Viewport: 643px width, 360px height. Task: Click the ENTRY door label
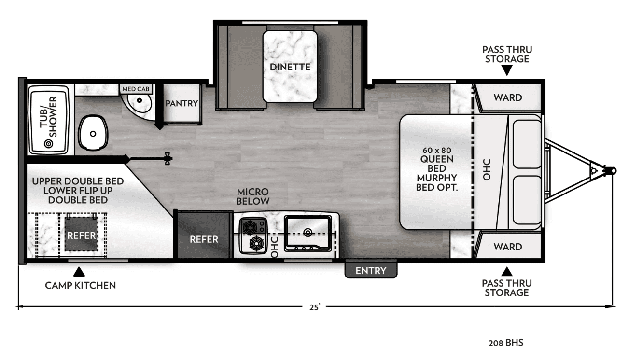pos(371,270)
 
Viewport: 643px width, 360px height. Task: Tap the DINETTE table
pos(290,67)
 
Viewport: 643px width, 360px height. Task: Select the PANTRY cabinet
pos(182,103)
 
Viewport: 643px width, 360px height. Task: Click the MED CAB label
pos(136,89)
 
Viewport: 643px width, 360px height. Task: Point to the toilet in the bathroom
pos(93,133)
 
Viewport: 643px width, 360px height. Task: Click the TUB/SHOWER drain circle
pos(48,143)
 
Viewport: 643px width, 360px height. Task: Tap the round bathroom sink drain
pos(139,100)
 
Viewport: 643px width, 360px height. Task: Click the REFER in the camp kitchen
pos(81,234)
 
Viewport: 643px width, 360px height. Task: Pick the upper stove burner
pos(250,227)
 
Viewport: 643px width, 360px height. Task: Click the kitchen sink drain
pos(308,232)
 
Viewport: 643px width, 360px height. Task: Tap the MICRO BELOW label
pos(253,196)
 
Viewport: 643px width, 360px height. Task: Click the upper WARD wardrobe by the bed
pos(507,97)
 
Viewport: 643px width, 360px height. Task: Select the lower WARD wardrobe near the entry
pos(507,246)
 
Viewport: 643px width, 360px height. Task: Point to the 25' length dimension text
pos(315,307)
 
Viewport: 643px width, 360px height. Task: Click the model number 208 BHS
pos(506,343)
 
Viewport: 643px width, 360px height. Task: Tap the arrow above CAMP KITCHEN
pos(79,272)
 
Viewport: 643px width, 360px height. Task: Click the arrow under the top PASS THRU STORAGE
pos(507,70)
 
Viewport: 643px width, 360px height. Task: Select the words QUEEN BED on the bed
pos(437,164)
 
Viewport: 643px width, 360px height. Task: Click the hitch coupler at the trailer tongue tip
pos(610,171)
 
